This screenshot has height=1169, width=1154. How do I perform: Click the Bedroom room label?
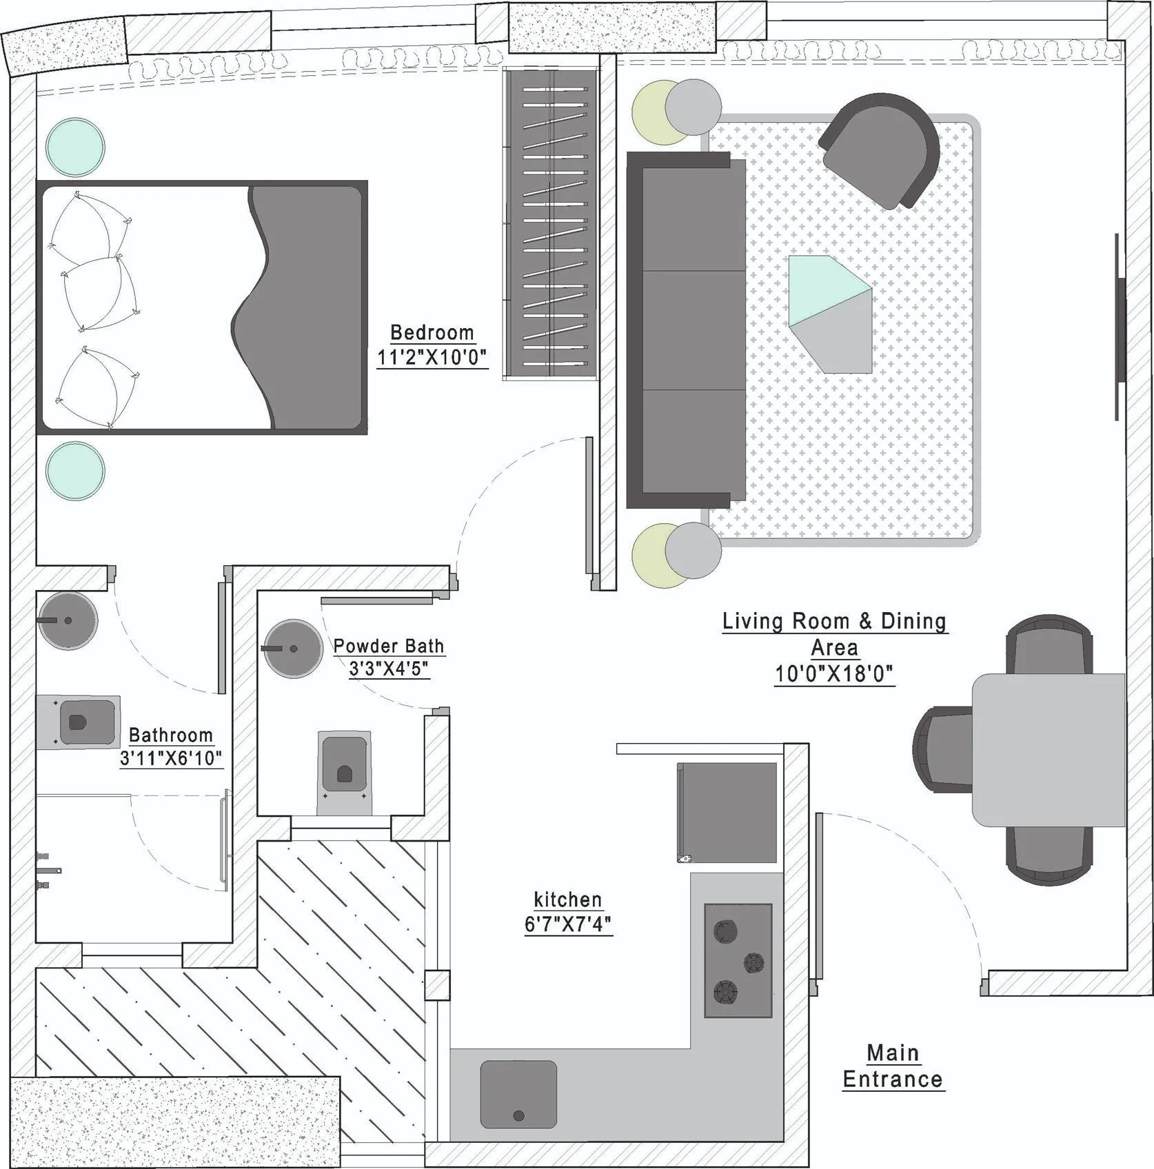point(432,332)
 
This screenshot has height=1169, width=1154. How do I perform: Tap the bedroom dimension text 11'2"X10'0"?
point(432,358)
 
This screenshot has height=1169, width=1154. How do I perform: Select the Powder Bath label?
point(389,646)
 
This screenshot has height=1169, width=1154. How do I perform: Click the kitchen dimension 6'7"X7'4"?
point(568,924)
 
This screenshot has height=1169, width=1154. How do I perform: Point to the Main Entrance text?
point(893,1066)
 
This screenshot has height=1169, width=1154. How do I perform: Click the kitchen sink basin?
point(518,1095)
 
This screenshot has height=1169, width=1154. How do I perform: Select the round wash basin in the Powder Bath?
point(294,649)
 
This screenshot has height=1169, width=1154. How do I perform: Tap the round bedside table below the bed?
point(76,471)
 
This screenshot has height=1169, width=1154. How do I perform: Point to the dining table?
point(1048,750)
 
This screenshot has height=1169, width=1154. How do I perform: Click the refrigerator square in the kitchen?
point(727,813)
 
